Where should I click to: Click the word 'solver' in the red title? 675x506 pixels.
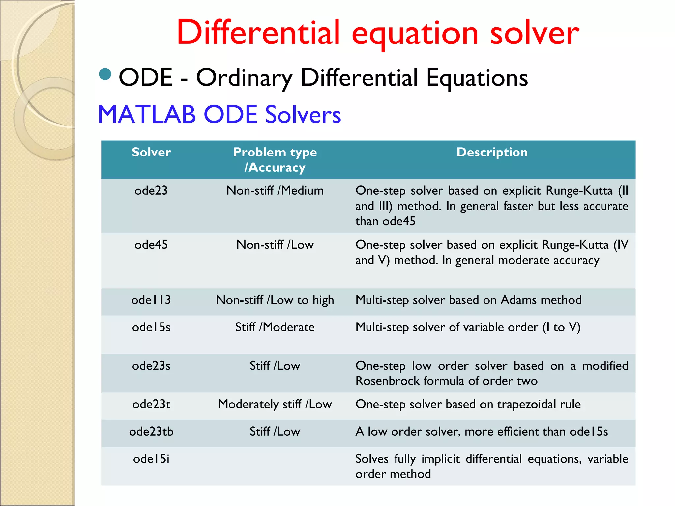[x=534, y=33]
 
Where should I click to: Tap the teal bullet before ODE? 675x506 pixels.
[x=105, y=74]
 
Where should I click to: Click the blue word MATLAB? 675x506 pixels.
[x=147, y=115]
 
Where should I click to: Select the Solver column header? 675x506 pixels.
[x=151, y=152]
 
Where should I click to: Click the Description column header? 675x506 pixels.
[x=492, y=152]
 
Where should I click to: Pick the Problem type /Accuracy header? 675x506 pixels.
[x=275, y=159]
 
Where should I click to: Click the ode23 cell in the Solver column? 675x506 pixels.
[x=151, y=191]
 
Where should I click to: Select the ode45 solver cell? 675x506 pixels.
[x=151, y=245]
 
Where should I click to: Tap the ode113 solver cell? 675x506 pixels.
[x=151, y=300]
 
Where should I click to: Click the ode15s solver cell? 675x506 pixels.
[x=151, y=327]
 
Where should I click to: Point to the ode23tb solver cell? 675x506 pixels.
[x=151, y=432]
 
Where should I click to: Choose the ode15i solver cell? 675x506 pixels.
[x=151, y=459]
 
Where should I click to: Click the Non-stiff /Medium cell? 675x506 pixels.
[x=275, y=191]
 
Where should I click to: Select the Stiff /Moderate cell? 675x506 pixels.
[x=275, y=327]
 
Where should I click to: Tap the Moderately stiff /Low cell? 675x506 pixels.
[x=275, y=404]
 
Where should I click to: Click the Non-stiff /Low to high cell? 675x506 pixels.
[x=275, y=300]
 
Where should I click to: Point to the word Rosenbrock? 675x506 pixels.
[x=388, y=381]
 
